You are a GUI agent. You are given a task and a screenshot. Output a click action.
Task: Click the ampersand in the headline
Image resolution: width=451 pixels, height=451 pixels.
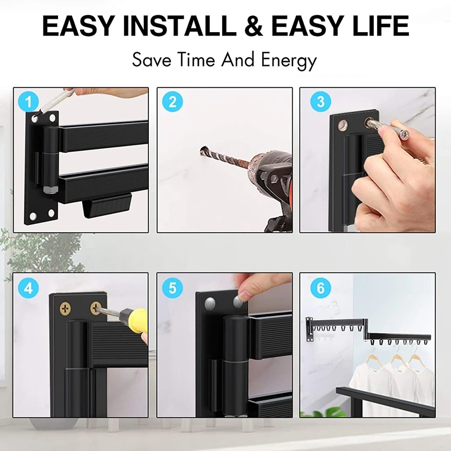click(x=263, y=26)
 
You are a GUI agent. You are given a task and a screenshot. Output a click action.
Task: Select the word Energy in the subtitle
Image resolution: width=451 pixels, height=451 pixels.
click(x=289, y=60)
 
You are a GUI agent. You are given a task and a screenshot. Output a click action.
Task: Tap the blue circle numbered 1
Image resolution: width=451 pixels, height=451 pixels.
click(x=29, y=102)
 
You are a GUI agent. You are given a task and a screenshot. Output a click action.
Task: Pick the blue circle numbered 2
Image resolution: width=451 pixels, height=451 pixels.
click(x=173, y=102)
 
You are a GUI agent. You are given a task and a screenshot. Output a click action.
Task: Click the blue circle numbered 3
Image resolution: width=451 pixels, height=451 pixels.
click(x=321, y=102)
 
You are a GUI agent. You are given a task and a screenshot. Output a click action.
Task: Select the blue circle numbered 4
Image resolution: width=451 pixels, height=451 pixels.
click(x=29, y=288)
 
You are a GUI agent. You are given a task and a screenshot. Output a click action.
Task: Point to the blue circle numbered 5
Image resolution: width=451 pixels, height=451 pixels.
click(x=173, y=288)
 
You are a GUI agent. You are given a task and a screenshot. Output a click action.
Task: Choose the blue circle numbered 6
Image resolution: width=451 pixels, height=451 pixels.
click(x=321, y=288)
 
